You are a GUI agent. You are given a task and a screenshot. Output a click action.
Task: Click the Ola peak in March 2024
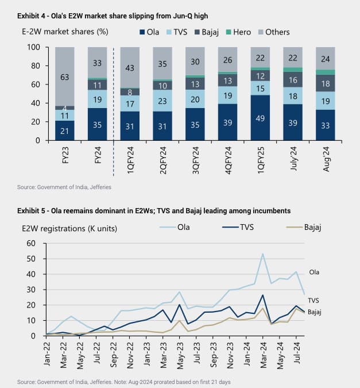point(262,253)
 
